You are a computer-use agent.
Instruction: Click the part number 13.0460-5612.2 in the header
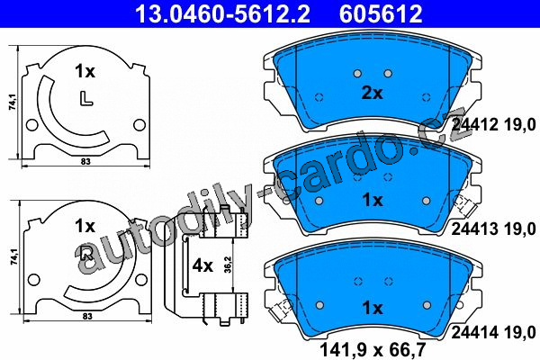[x=223, y=13]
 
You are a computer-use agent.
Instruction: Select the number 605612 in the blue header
[x=381, y=13]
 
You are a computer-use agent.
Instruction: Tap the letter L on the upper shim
[x=86, y=98]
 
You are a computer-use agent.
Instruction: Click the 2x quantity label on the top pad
[x=372, y=93]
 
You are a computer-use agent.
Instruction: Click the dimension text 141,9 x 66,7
[x=373, y=350]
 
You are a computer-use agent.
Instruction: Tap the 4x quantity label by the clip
[x=202, y=265]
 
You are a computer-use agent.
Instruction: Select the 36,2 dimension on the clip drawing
[x=229, y=265]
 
